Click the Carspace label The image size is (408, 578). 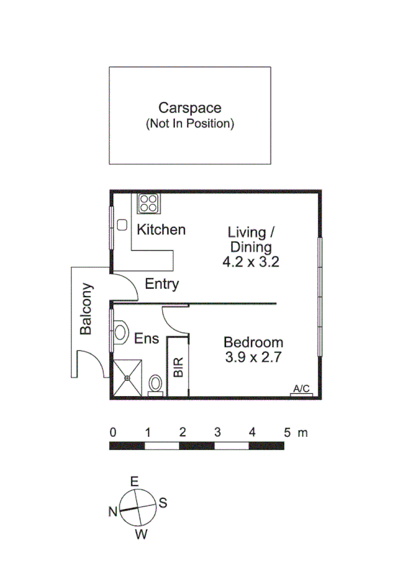pos(189,108)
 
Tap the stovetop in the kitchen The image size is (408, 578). pos(148,202)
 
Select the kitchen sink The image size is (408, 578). pos(123,225)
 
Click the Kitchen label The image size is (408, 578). pos(161,230)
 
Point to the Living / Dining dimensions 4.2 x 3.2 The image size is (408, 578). pos(251,261)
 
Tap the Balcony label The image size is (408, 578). pos(87,309)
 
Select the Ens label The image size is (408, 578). pos(146,338)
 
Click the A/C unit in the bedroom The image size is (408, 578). pos(301,390)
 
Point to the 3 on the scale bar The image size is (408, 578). pos(217,432)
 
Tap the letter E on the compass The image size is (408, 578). pos(134,482)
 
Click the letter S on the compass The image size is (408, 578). pos(163,503)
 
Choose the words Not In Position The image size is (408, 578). pos(189,124)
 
